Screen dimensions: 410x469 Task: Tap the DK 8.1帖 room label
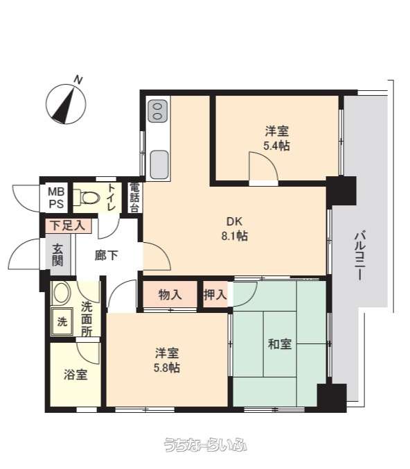234,229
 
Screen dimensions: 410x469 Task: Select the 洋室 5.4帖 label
276,138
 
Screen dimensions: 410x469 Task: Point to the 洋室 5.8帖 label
167,360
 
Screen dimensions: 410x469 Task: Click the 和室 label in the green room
280,344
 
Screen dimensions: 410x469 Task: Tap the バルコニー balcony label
359,255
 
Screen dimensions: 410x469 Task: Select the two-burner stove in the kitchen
157,111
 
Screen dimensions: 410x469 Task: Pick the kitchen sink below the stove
159,164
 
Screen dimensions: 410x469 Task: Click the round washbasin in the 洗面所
62,293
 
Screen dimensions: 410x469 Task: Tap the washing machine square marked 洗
62,322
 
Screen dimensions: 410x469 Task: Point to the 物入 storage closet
170,295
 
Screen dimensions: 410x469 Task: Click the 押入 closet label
215,295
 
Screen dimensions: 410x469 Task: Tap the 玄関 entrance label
57,255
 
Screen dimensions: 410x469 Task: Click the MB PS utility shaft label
56,198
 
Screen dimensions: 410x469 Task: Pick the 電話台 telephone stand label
134,198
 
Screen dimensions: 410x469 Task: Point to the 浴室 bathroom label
75,375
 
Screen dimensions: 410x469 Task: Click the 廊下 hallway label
106,255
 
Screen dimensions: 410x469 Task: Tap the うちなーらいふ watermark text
205,445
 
